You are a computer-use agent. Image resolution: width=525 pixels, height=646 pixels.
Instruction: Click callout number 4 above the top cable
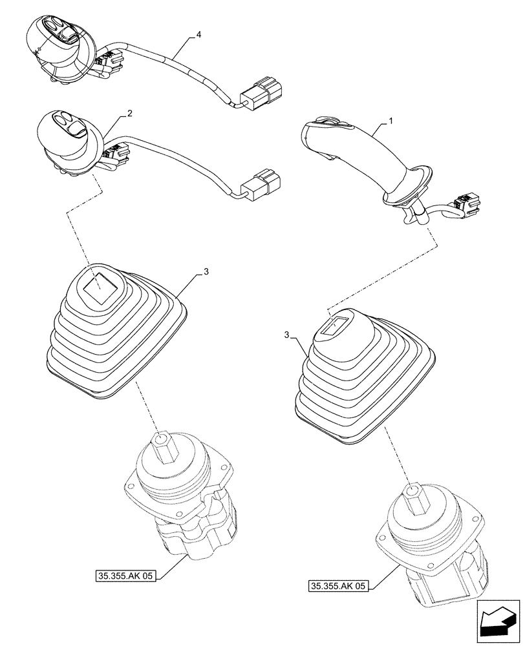pos(198,34)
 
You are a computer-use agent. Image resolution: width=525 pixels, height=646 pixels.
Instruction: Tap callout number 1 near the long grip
pos(390,121)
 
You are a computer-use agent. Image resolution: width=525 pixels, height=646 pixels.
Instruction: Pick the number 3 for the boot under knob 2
pos(206,273)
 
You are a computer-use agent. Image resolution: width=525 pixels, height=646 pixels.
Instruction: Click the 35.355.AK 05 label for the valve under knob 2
pos(125,575)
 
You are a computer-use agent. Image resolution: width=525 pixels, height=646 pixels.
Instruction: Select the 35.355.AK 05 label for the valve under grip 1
pos(338,586)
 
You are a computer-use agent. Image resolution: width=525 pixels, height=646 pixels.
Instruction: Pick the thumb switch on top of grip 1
pos(327,121)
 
